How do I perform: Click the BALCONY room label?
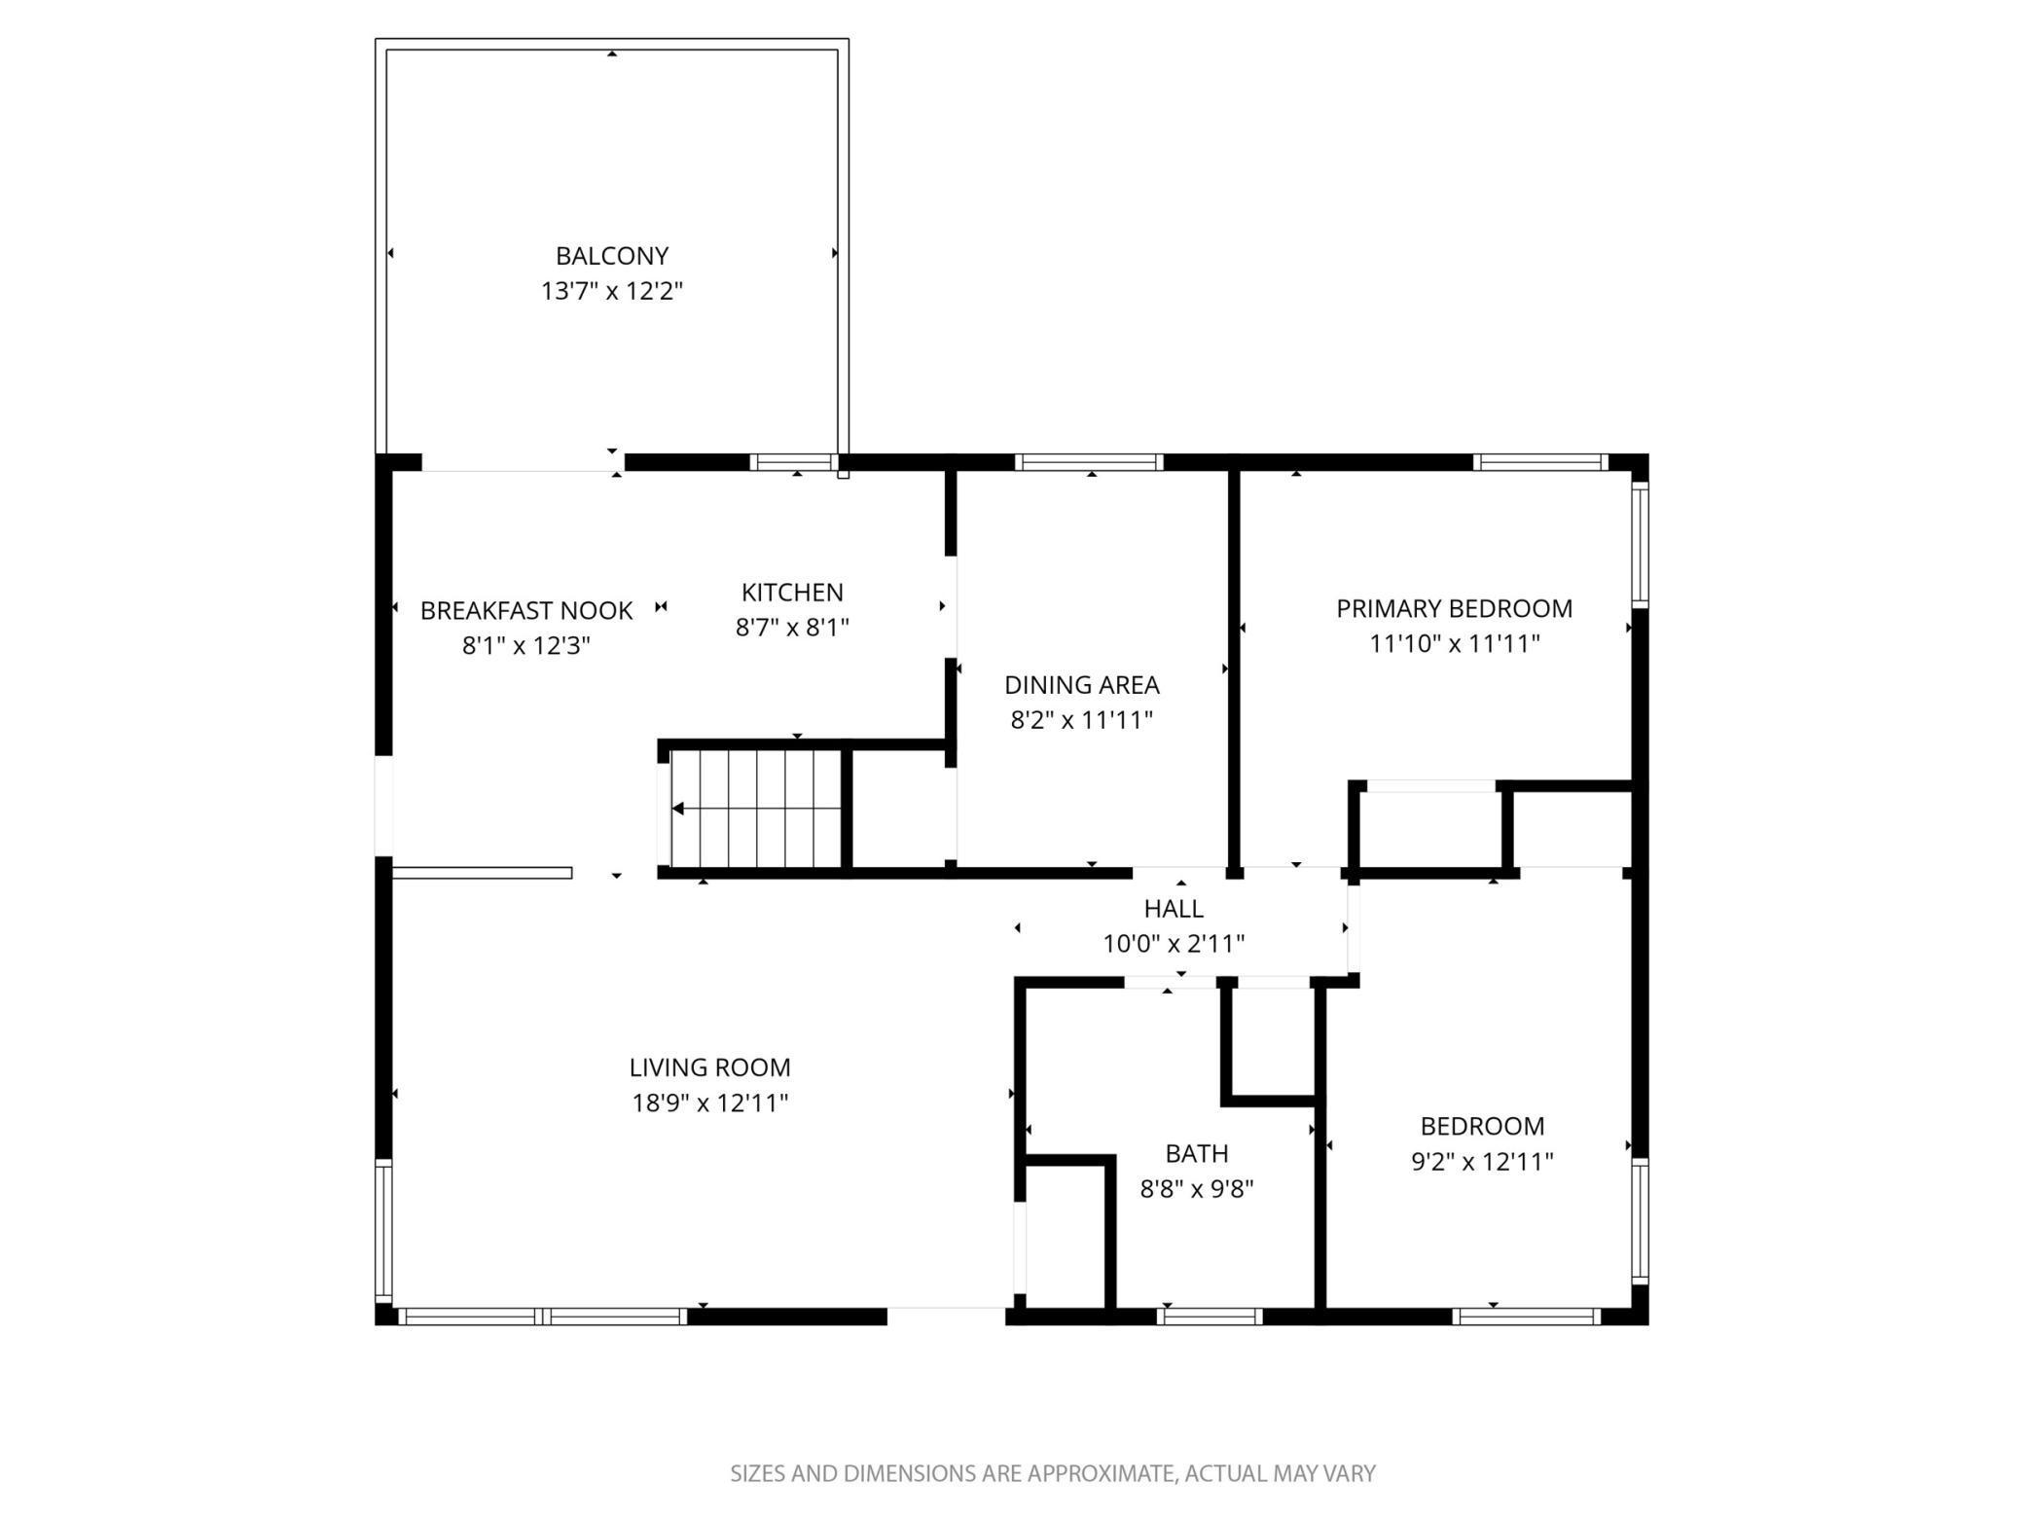coord(612,256)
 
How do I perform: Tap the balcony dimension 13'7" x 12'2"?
coord(612,291)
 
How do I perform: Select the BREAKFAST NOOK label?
coord(526,610)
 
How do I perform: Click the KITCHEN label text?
coord(792,592)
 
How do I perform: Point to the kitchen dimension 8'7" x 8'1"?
coord(792,628)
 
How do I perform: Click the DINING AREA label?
coord(1081,685)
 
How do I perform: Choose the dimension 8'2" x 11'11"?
coord(1081,720)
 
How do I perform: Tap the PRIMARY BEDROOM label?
coord(1454,608)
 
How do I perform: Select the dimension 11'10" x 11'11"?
coord(1454,643)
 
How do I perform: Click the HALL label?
coord(1174,908)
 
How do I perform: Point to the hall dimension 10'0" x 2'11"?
coord(1174,944)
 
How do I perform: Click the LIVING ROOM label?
coord(709,1067)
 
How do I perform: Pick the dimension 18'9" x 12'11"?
coord(709,1102)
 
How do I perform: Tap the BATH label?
coord(1196,1153)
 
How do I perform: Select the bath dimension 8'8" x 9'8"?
coord(1196,1188)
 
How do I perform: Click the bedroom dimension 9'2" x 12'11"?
coord(1482,1161)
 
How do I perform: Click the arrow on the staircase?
coord(679,809)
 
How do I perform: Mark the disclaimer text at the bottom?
coord(1053,1473)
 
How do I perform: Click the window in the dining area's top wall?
coord(1089,462)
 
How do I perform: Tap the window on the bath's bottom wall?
coord(1210,1317)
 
